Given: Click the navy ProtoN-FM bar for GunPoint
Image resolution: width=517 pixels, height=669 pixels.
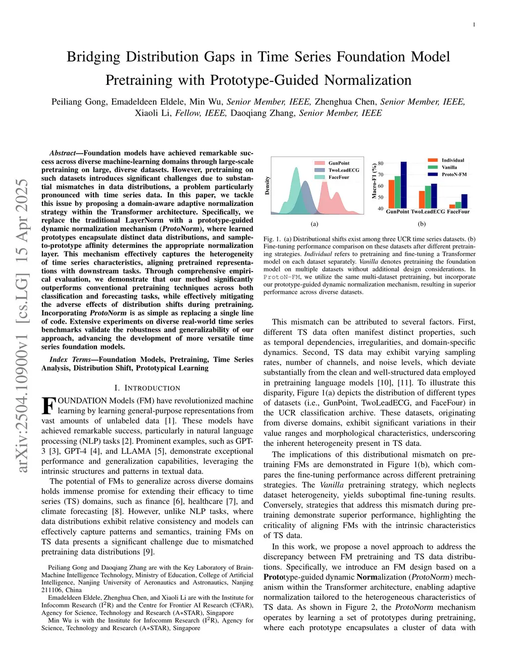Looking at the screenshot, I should [403, 185].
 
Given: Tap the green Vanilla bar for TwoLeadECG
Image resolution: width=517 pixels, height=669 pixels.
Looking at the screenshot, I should [428, 197].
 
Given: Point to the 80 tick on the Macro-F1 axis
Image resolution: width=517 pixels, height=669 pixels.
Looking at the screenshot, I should [380, 164].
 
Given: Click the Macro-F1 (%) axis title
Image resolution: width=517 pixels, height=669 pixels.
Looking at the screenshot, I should [374, 181].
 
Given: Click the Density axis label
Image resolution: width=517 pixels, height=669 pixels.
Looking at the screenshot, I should [267, 186].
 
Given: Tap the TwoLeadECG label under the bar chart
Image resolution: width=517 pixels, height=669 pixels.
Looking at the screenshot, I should [428, 212].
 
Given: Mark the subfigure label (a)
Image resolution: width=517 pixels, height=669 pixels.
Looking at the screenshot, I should [314, 224].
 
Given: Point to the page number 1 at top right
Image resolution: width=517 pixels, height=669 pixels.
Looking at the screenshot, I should [474, 25].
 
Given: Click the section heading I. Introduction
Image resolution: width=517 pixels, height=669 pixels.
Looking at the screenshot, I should [147, 388].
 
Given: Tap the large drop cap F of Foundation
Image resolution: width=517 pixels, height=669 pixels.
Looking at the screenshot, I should [48, 405].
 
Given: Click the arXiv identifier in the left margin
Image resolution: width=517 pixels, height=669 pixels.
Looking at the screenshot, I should [22, 326].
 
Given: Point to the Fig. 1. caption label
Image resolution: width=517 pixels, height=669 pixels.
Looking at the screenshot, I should [272, 239].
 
